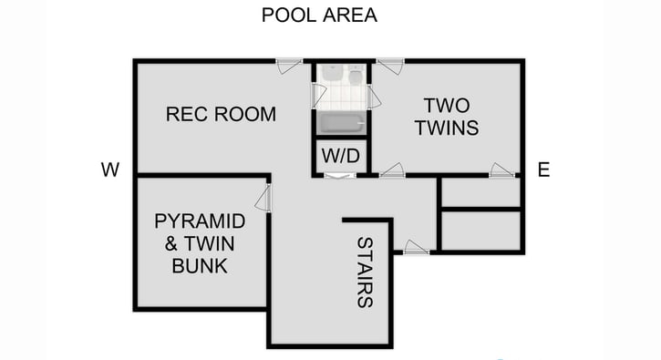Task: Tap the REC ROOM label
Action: tap(221, 114)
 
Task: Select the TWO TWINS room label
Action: tap(446, 116)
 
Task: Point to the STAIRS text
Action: tap(365, 273)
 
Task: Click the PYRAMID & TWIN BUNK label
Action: tap(200, 243)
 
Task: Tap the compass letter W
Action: tap(110, 169)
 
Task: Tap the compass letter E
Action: tap(543, 169)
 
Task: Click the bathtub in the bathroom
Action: tap(341, 125)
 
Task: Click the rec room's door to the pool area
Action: tap(289, 65)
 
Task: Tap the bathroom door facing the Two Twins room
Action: tap(374, 97)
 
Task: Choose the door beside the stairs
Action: tap(416, 247)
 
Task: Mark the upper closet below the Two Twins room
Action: tap(480, 192)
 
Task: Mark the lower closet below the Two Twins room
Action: tap(480, 231)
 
